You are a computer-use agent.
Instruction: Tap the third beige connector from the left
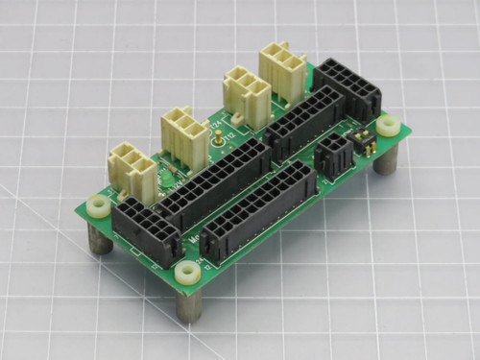coord(246,96)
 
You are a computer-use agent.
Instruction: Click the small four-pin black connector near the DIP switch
coord(332,156)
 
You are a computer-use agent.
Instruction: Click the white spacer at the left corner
coord(99,207)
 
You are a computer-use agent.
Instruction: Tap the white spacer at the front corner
coord(188,274)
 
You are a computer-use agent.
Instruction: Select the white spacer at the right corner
coord(389,126)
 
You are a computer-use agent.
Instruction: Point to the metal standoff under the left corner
coord(99,240)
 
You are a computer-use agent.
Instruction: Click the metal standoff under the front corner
coord(191,305)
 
